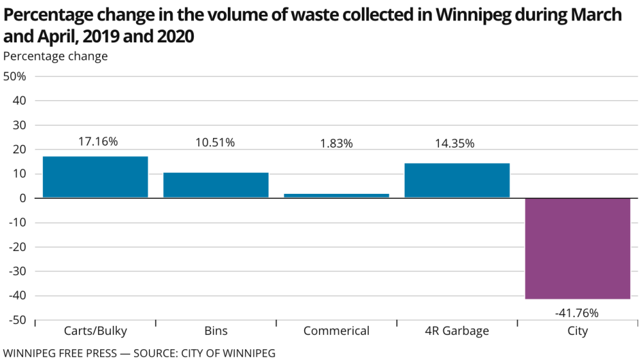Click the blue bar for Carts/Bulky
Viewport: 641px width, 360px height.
(x=96, y=177)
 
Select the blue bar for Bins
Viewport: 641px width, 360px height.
(x=216, y=185)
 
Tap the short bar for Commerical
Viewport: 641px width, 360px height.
(x=336, y=195)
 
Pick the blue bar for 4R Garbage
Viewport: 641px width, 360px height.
(x=457, y=180)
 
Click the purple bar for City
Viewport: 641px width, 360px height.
(x=577, y=248)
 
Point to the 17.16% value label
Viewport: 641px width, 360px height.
(x=98, y=142)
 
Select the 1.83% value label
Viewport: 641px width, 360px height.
(x=336, y=143)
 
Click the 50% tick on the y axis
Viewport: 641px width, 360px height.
(x=15, y=76)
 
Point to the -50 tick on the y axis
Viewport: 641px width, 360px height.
(x=16, y=320)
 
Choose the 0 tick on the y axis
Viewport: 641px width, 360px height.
(x=22, y=198)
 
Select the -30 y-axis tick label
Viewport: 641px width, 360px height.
(x=16, y=271)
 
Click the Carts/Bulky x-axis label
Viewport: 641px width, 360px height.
(x=96, y=331)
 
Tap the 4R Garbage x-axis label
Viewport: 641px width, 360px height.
(x=457, y=331)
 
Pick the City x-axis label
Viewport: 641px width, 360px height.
(x=577, y=331)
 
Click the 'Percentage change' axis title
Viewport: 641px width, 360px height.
(x=56, y=56)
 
